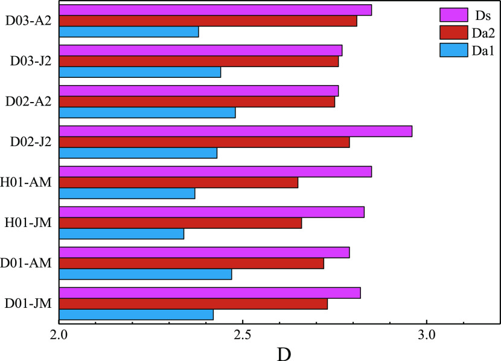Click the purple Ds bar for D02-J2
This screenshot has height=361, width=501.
click(x=235, y=131)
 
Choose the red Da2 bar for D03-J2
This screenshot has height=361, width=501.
click(x=199, y=62)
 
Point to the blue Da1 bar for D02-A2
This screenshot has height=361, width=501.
click(x=147, y=113)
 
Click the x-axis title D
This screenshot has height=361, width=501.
click(x=283, y=352)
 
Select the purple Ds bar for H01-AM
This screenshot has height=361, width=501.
click(x=215, y=171)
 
